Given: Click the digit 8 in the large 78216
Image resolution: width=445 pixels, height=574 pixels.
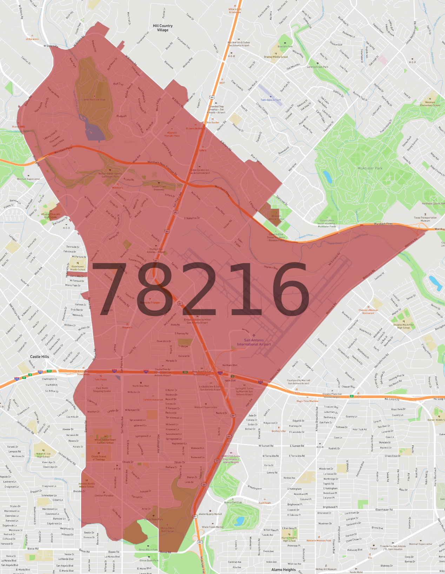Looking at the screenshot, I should [x=159, y=289].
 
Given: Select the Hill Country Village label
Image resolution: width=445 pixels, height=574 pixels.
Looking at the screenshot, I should [x=163, y=28].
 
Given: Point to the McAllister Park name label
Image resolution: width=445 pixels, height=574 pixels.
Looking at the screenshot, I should [x=370, y=168].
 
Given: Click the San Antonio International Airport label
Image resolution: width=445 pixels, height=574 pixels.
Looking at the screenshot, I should [x=254, y=342].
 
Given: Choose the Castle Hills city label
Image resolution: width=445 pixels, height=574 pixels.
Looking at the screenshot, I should [x=40, y=357].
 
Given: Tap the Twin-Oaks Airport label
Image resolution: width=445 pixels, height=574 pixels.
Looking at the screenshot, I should [x=271, y=100].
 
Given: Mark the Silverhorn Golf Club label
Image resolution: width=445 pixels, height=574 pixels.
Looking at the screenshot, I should [x=94, y=99].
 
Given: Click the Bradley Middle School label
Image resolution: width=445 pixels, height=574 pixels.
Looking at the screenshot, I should [x=276, y=57].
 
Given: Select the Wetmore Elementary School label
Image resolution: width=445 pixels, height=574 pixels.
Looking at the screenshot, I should [x=430, y=104].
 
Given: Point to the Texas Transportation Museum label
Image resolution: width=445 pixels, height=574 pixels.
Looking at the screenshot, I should [x=425, y=219].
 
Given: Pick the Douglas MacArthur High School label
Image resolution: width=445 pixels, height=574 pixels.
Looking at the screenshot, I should [x=404, y=326].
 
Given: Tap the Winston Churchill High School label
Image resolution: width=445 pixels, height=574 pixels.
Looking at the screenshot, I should [x=51, y=216].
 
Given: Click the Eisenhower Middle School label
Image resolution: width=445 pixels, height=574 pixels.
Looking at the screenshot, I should [x=78, y=268].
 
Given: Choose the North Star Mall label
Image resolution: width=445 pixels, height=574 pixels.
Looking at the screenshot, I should [x=141, y=386].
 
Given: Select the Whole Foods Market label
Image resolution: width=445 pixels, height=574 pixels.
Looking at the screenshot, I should [x=213, y=527].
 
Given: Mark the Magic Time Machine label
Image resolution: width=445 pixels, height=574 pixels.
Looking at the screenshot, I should [x=307, y=401].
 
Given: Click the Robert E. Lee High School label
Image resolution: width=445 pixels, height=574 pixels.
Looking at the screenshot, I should [x=44, y=455].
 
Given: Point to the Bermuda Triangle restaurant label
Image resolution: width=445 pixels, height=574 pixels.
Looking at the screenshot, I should [x=150, y=302].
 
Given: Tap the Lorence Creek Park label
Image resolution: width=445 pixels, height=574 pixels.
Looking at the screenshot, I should [x=318, y=67].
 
